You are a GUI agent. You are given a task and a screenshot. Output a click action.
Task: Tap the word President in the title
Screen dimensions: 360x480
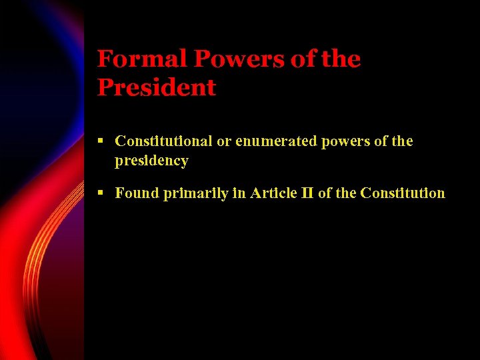pyautogui.click(x=157, y=87)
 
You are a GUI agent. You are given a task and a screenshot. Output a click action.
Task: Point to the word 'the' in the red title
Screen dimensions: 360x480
pyautogui.click(x=341, y=59)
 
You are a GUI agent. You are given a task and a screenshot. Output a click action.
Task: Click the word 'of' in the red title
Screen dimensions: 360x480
pyautogui.click(x=303, y=59)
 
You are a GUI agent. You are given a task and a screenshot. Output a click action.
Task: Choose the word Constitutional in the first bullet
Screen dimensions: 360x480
pyautogui.click(x=163, y=141)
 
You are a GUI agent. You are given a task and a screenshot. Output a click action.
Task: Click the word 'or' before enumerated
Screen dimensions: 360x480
pyautogui.click(x=223, y=141)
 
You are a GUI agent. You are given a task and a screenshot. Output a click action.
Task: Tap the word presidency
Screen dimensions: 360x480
pyautogui.click(x=151, y=161)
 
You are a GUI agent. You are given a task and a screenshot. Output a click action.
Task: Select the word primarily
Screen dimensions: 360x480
pyautogui.click(x=190, y=194)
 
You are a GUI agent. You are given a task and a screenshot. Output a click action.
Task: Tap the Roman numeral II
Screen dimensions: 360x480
pyautogui.click(x=307, y=193)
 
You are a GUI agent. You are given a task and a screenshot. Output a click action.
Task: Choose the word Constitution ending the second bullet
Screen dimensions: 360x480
pyautogui.click(x=402, y=193)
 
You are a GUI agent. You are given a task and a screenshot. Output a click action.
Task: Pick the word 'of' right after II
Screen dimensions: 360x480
pyautogui.click(x=325, y=193)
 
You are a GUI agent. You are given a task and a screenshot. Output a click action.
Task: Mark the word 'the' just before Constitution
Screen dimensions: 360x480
pyautogui.click(x=345, y=193)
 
